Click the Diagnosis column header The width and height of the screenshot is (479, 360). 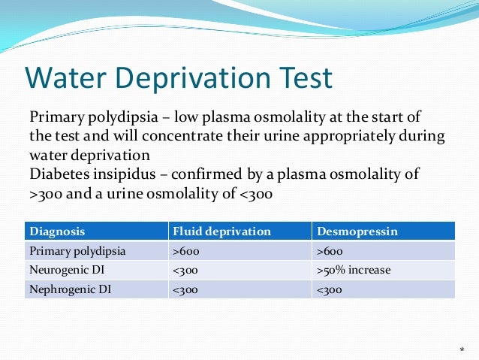[57, 231]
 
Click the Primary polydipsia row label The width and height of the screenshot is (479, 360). [77, 250]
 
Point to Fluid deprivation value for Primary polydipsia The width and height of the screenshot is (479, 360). [185, 250]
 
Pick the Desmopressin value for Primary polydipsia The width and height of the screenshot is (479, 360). [330, 250]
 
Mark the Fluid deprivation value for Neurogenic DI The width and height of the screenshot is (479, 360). [185, 270]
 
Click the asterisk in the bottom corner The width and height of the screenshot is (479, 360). [462, 350]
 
